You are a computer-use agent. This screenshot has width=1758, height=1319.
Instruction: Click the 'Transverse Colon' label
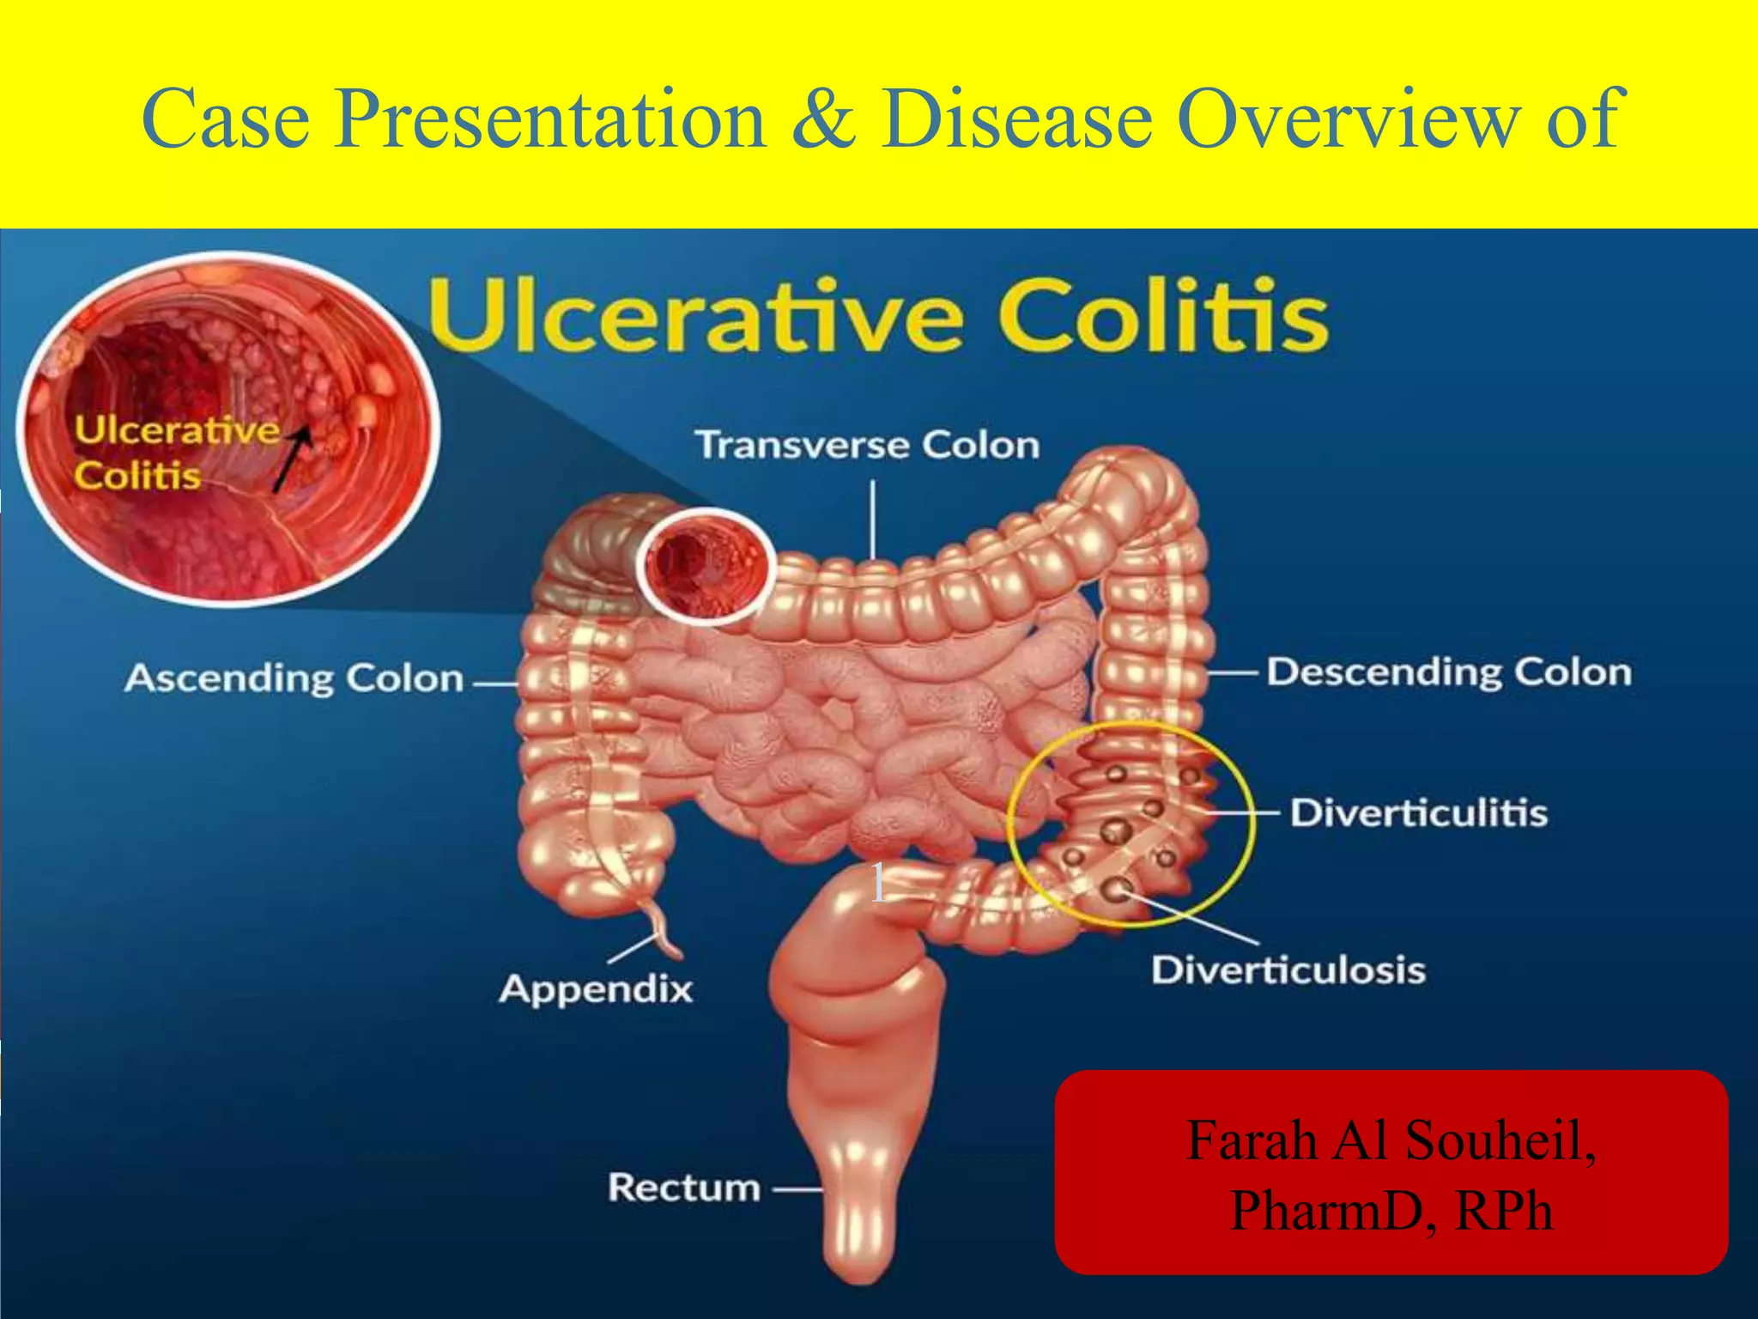pyautogui.click(x=867, y=445)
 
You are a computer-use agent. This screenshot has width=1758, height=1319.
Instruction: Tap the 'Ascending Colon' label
pyautogui.click(x=294, y=678)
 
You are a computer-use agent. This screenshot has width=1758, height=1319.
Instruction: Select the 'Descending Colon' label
pyautogui.click(x=1449, y=672)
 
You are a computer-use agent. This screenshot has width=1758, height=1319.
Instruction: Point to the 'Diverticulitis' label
pyautogui.click(x=1418, y=812)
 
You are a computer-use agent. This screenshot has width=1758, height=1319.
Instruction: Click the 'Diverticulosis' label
pyautogui.click(x=1288, y=970)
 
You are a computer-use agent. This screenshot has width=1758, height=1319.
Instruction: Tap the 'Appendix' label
pyautogui.click(x=596, y=989)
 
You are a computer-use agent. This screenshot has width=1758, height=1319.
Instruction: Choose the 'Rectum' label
pyautogui.click(x=684, y=1188)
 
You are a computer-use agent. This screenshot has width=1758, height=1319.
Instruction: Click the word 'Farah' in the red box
pyautogui.click(x=1251, y=1140)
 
